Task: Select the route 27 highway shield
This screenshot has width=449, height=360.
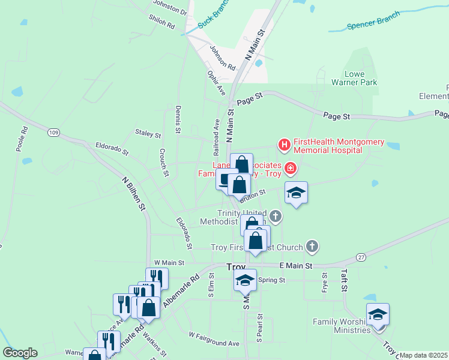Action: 360,256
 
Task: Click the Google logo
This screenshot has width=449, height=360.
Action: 20,353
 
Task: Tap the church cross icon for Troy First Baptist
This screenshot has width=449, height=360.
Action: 312,246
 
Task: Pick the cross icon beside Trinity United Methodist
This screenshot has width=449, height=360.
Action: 276,216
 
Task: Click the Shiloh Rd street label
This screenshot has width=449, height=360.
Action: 161,22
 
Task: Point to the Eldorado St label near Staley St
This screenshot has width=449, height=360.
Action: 112,149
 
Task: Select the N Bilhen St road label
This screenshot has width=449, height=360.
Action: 134,193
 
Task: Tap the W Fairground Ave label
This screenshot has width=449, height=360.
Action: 214,339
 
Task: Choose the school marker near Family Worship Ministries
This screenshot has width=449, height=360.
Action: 378,315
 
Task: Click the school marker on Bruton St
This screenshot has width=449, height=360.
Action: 296,193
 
